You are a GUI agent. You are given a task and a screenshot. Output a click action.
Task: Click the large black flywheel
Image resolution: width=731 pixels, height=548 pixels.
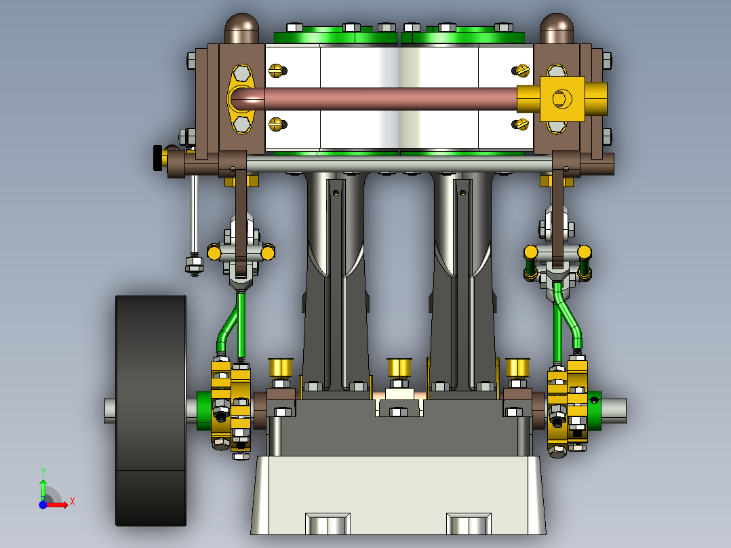click(151, 410)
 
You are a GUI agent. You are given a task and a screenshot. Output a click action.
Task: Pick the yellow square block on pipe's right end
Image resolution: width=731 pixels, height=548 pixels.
click(562, 99)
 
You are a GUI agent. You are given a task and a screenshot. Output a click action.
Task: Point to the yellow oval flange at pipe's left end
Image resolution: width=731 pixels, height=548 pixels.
click(241, 99)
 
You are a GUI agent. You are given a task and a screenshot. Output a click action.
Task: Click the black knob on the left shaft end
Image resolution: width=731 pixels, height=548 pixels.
click(157, 159)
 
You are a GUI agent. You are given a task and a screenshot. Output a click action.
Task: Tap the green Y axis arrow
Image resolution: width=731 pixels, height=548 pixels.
click(43, 487)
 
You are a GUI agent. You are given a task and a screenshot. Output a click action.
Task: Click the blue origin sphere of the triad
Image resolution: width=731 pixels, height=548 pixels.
click(43, 505)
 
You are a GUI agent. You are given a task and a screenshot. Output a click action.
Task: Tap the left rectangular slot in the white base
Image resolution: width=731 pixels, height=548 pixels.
click(328, 523)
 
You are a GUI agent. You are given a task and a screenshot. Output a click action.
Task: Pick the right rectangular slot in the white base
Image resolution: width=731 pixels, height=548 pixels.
click(468, 523)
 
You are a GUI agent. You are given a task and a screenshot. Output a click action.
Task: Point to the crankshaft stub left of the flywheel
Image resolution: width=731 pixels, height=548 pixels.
click(110, 410)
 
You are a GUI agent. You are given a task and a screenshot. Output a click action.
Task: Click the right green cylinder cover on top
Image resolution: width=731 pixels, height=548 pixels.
click(468, 37)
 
